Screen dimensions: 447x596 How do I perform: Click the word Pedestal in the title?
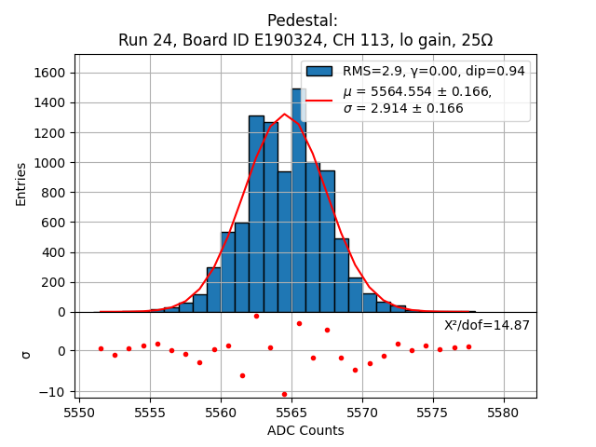(302, 20)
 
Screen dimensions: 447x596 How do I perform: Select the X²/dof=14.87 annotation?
(486, 325)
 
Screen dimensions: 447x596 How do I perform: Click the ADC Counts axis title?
(305, 430)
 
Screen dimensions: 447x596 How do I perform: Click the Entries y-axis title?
(21, 183)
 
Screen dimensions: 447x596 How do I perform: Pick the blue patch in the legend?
(319, 71)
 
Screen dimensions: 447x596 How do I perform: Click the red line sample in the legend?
(319, 100)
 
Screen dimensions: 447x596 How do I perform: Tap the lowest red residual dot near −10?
(285, 394)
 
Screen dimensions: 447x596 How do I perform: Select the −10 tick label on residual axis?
(55, 391)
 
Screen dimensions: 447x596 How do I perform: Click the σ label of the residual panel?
(25, 354)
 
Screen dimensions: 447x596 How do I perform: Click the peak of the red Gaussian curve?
(285, 115)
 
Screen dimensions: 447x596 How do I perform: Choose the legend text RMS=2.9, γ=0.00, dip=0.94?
(433, 71)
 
